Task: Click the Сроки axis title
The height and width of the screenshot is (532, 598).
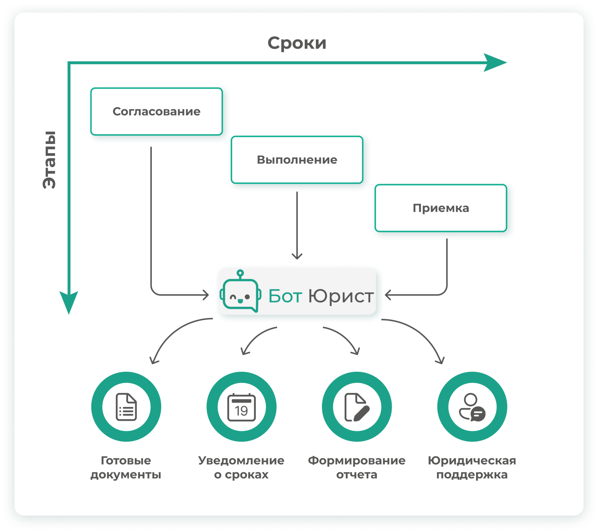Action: point(297,43)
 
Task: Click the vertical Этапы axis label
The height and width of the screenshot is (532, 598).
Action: point(49,160)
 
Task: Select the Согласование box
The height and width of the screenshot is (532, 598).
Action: point(157,111)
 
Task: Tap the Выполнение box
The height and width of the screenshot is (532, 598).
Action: point(297,160)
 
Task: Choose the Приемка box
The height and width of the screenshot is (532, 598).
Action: point(441,208)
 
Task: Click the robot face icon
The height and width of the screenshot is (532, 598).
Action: point(241,291)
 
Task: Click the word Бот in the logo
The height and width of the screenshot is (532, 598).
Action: point(285,296)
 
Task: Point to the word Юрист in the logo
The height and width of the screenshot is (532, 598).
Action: point(341,296)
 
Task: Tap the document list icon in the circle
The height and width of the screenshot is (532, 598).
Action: point(126,407)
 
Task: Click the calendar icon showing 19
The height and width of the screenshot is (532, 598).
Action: point(242,407)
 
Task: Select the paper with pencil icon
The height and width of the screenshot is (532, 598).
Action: point(357,407)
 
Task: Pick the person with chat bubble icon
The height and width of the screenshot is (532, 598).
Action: point(472,407)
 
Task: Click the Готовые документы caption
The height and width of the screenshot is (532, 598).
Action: point(126,467)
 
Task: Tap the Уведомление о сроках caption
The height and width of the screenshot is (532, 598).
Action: point(241,467)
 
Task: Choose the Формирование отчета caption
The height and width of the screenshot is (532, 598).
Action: point(357,467)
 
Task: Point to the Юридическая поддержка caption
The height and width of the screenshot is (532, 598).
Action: point(472,467)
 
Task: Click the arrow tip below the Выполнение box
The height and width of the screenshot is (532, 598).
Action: point(297,259)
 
